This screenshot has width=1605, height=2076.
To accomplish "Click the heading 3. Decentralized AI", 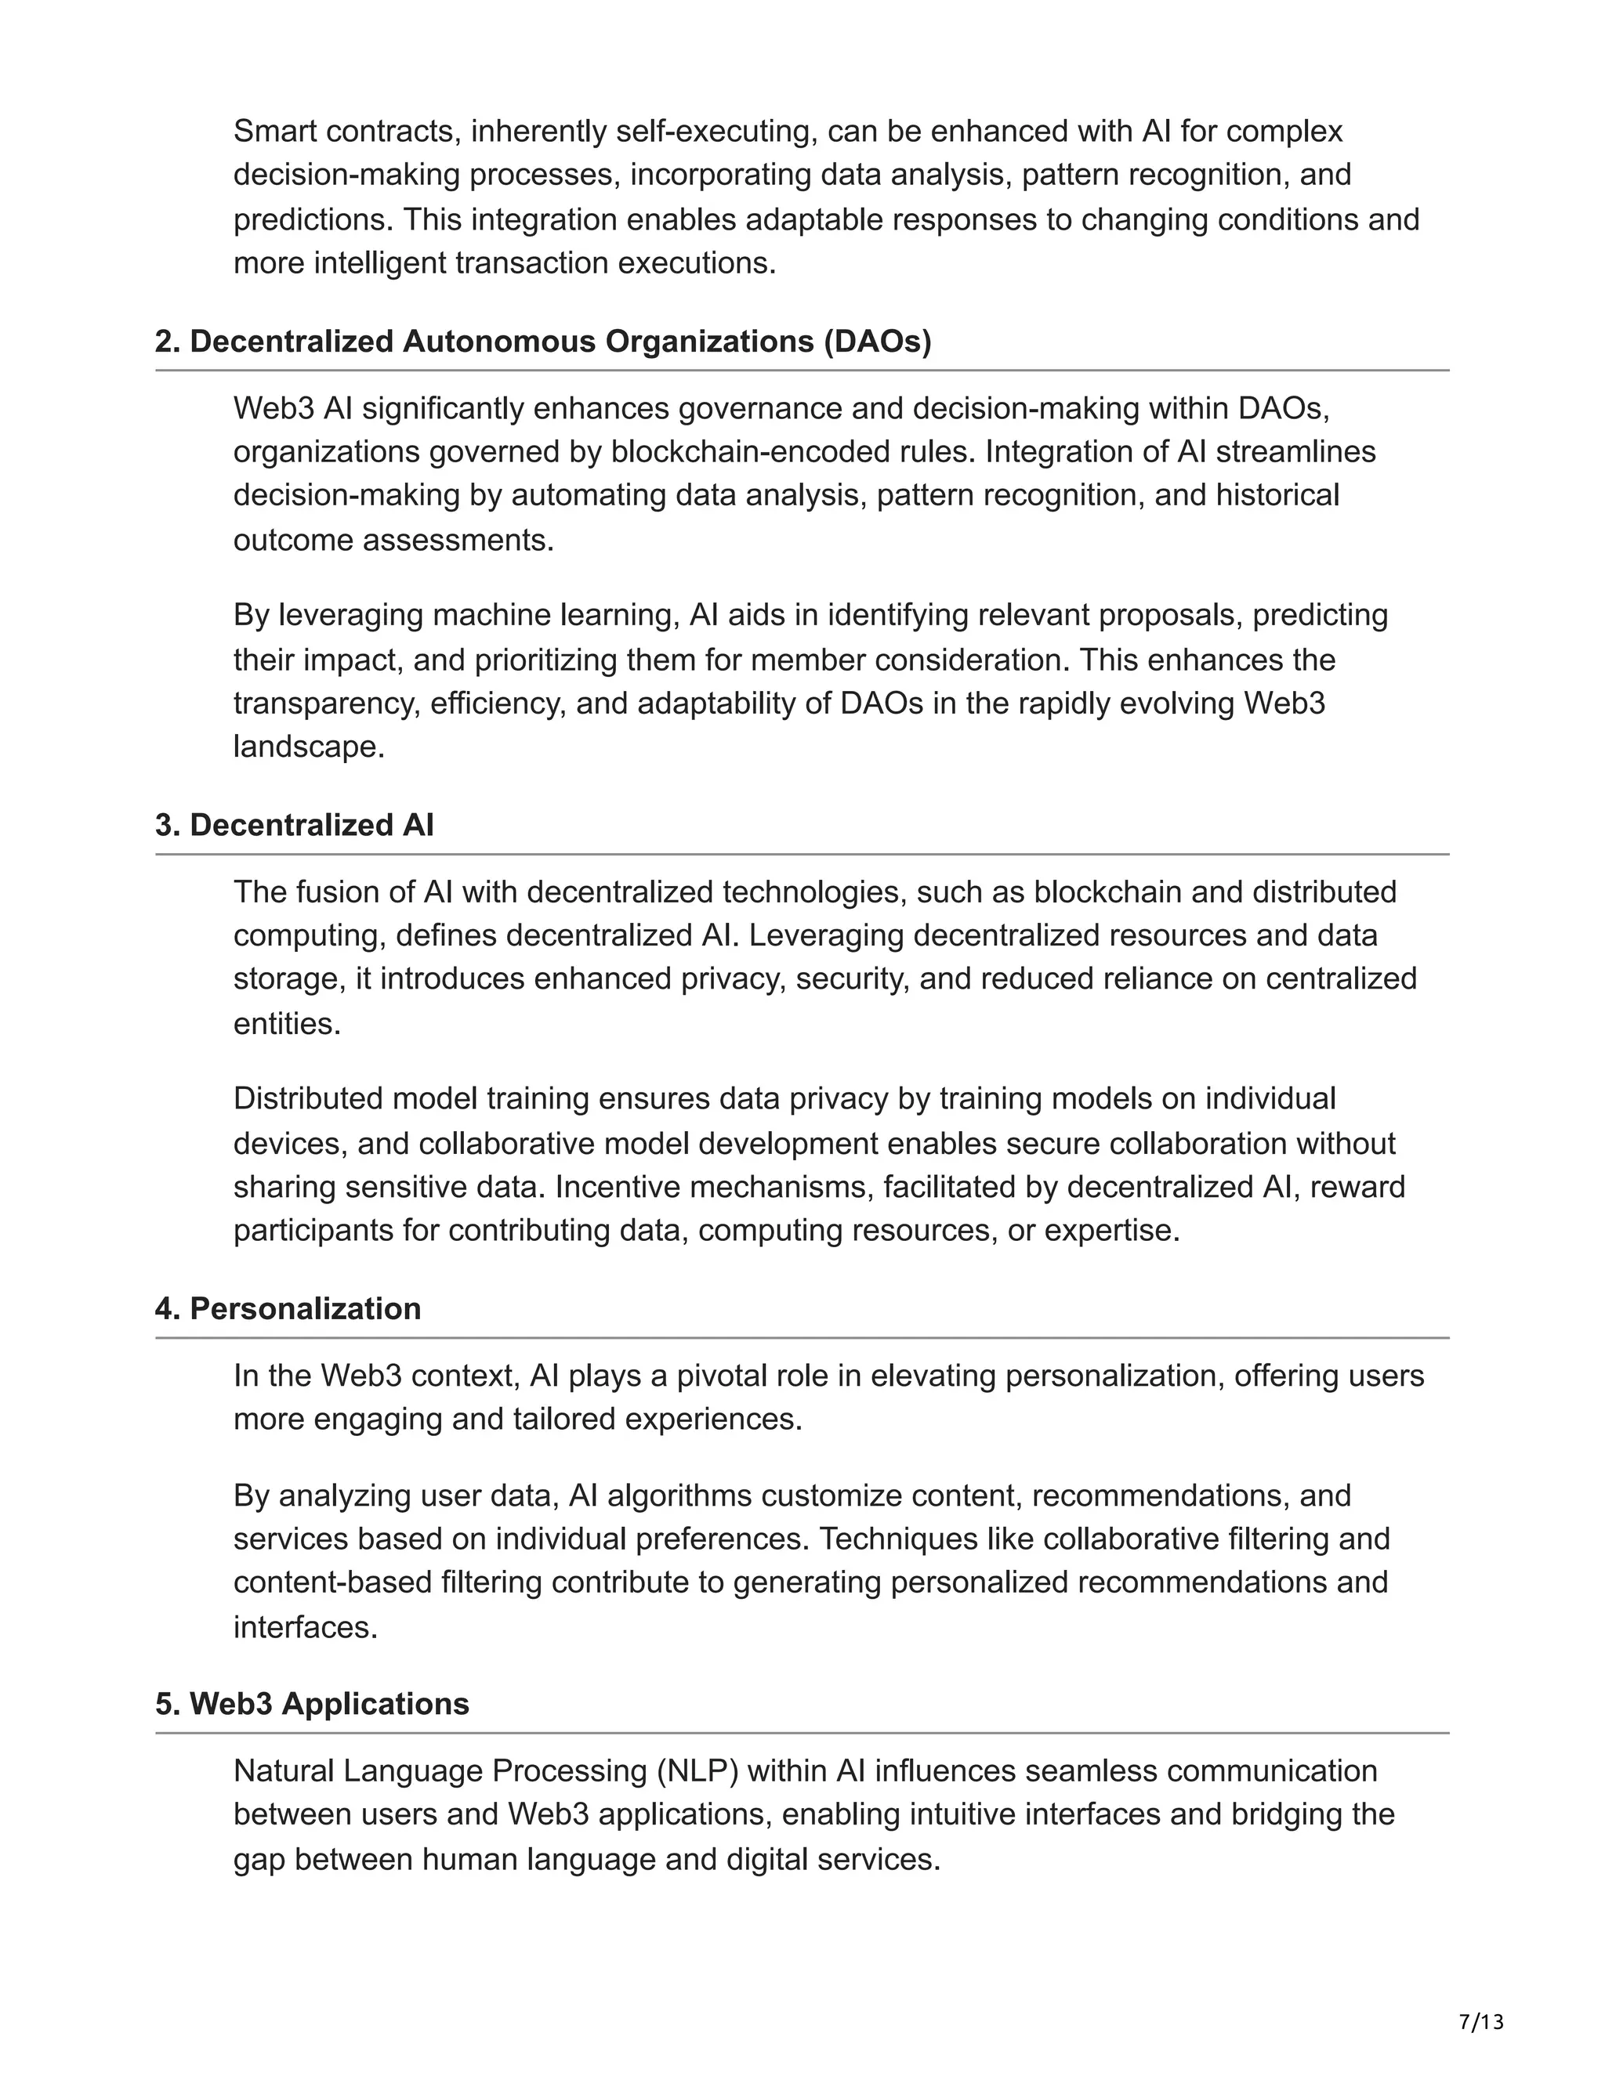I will (295, 825).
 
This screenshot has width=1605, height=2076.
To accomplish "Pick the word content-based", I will (333, 1583).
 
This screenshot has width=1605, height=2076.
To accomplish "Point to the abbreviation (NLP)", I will (698, 1772).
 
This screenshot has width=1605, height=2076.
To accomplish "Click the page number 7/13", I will (1481, 2022).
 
